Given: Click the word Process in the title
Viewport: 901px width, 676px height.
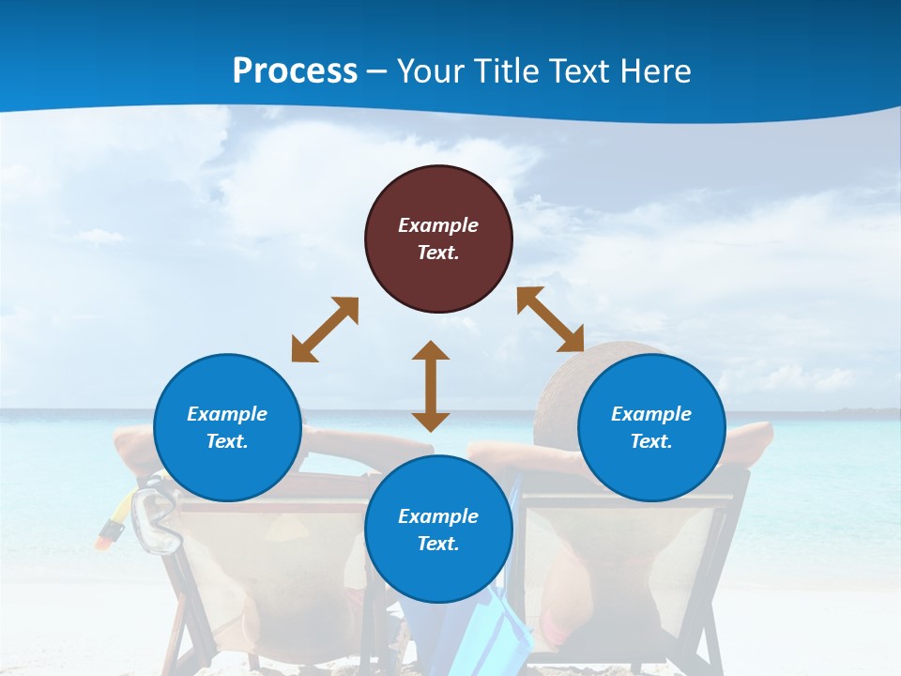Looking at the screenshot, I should click(295, 71).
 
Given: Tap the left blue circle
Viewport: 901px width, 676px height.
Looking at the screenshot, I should click(227, 427).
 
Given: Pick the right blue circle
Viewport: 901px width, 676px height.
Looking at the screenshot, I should click(651, 427).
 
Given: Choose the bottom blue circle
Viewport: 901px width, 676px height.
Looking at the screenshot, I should click(438, 530).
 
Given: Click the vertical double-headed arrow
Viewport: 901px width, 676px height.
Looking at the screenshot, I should click(431, 386).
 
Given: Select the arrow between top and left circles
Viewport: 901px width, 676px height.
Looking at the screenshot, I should click(325, 330).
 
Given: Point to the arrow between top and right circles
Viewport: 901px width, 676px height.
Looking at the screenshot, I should click(550, 319).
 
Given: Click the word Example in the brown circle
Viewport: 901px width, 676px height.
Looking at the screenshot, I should click(438, 225).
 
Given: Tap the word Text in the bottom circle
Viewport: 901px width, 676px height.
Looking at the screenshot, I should click(438, 544).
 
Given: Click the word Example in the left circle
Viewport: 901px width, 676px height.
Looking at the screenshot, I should click(227, 414).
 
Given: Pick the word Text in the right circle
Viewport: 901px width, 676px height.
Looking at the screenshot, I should click(651, 441).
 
